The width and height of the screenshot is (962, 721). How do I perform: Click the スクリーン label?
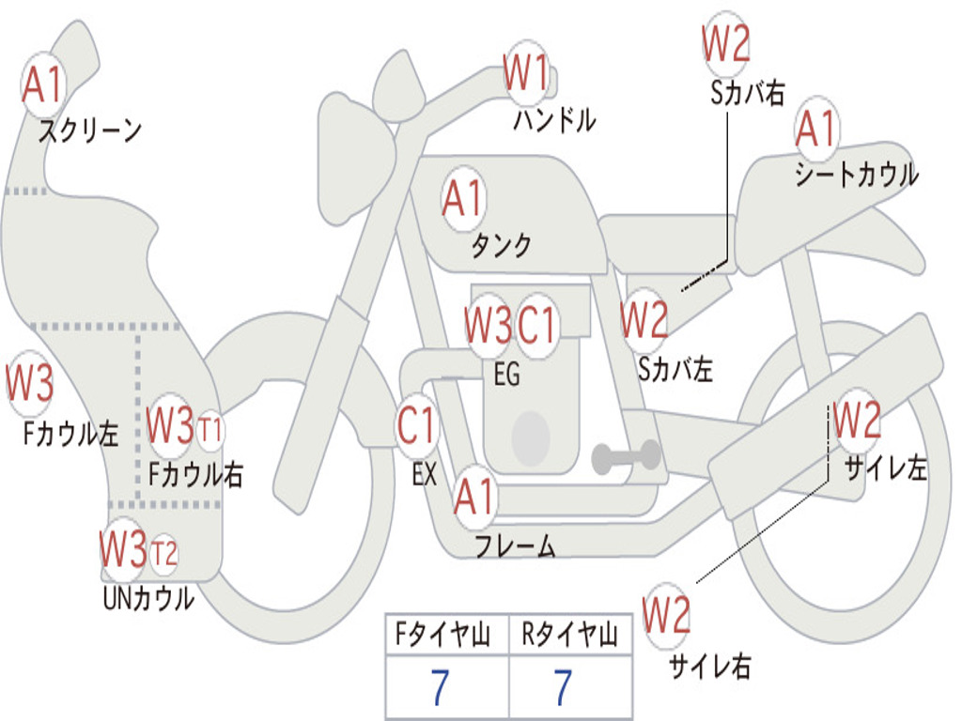pos(90,130)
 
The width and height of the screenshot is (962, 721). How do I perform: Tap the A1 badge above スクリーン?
pos(43,84)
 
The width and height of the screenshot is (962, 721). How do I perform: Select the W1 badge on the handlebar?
pos(526,73)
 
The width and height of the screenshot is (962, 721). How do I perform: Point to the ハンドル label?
pos(554,120)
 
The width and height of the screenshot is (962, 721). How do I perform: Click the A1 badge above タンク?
pos(464,199)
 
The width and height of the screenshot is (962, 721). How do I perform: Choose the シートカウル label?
pos(857,174)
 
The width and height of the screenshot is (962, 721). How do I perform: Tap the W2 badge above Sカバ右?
pos(726,43)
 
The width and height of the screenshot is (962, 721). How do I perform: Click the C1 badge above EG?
pos(536,324)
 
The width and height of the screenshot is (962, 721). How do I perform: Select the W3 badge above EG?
pos(488,324)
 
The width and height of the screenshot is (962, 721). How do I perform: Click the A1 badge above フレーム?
pos(474,497)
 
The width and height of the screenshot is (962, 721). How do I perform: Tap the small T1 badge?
pos(210,429)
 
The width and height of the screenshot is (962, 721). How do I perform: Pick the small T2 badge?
pos(163,554)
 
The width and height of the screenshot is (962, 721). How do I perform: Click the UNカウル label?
pos(148,598)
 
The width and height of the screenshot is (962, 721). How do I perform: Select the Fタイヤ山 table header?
pos(442,635)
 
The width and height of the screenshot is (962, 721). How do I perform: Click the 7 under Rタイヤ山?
pos(564,688)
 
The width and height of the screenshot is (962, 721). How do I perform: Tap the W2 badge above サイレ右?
pos(667,615)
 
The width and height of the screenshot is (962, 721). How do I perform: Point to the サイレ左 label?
pos(886,468)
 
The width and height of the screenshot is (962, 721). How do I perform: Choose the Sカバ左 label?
pos(675,370)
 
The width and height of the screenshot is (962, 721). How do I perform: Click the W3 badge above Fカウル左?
pos(30,382)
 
